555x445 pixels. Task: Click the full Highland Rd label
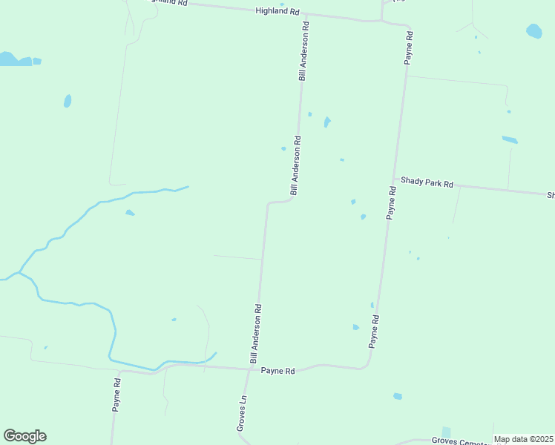tap(277, 11)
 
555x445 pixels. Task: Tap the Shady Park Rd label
tap(427, 182)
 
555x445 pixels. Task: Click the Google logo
tap(24, 436)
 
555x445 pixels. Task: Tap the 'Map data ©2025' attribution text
tap(522, 439)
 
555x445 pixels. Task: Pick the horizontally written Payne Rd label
tap(278, 371)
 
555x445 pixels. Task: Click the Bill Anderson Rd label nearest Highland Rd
tap(303, 50)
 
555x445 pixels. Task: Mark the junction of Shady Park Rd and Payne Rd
tap(395, 179)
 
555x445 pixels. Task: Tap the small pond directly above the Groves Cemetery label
tap(446, 432)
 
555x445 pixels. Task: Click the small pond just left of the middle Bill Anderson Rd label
tap(283, 148)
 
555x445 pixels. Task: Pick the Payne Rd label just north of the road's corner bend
tap(375, 332)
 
